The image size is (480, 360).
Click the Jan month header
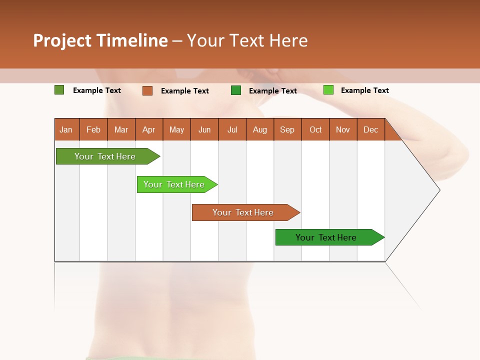(x=66, y=129)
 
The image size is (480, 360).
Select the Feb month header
(x=93, y=129)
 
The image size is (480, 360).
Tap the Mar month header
(x=121, y=129)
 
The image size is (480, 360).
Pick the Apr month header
(x=149, y=129)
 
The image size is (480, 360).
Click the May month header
(x=176, y=129)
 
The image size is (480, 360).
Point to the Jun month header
(x=204, y=129)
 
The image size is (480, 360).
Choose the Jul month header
(x=232, y=129)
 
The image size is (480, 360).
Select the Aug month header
(x=260, y=129)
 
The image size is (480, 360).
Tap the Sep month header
(x=287, y=129)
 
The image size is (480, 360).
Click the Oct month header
(x=315, y=129)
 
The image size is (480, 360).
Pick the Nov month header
(x=343, y=129)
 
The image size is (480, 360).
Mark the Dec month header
(x=371, y=129)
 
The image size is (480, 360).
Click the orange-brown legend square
(x=147, y=90)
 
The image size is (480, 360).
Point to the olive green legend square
(x=59, y=90)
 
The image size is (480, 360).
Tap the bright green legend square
(x=328, y=90)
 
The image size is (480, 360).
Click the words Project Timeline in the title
(x=100, y=40)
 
